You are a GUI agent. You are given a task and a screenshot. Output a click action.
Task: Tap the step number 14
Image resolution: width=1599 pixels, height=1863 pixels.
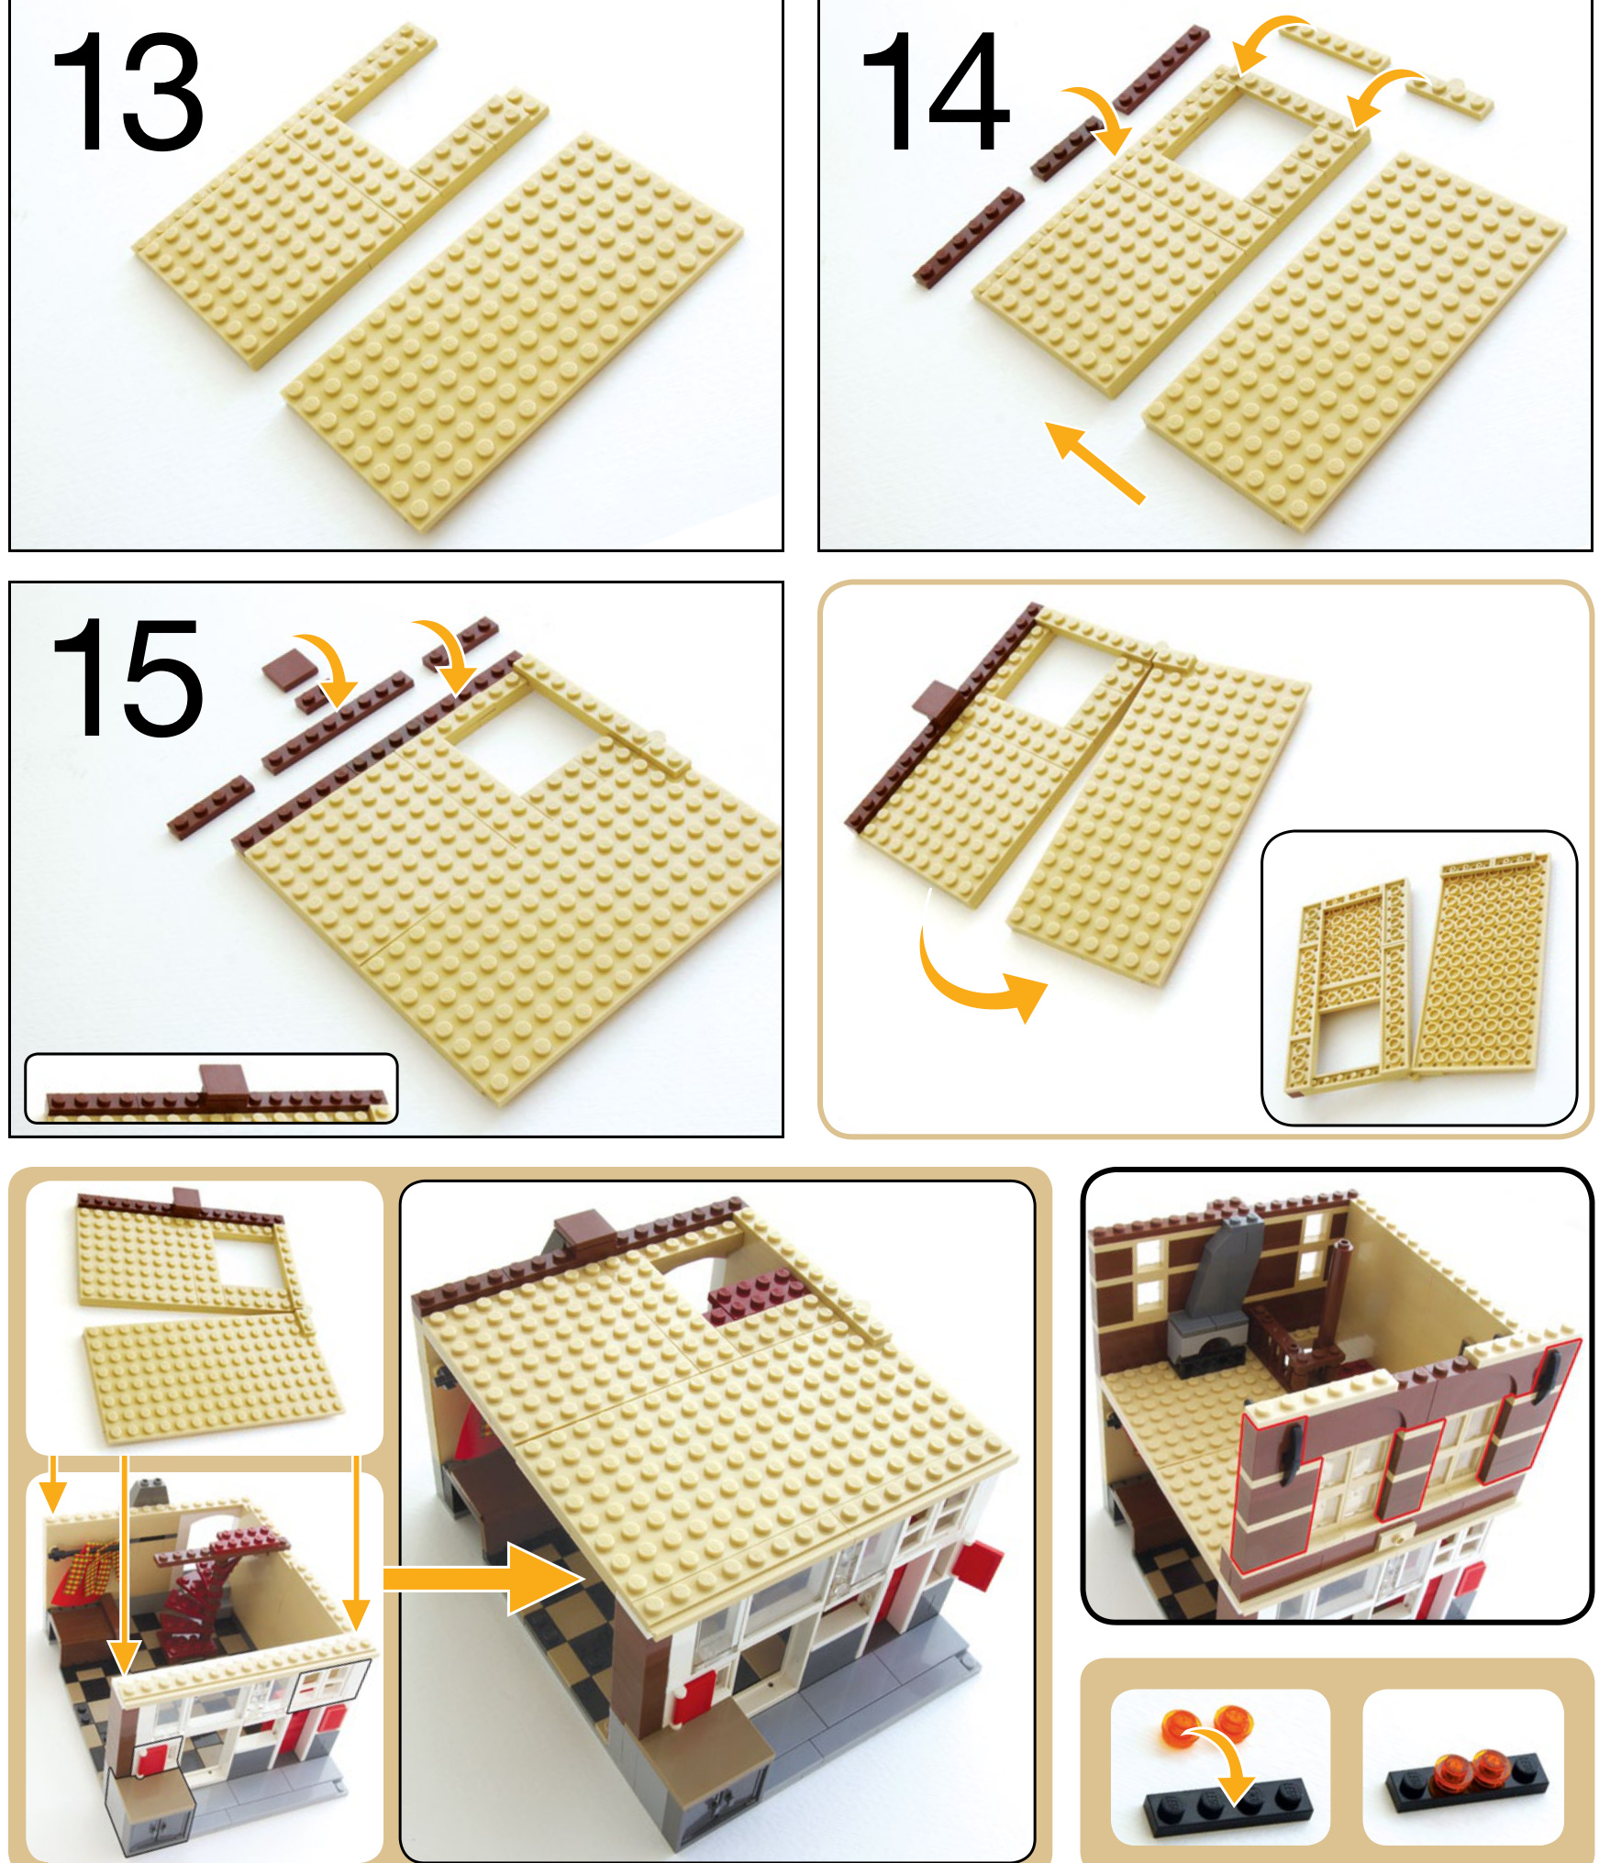[935, 92]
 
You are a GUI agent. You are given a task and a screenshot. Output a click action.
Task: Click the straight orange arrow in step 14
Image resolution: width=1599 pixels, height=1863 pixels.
[1095, 462]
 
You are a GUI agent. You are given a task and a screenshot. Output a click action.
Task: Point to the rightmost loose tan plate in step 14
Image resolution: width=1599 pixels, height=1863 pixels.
[1450, 96]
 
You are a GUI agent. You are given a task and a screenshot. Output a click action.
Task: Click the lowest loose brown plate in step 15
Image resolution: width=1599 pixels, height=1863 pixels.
[211, 805]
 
